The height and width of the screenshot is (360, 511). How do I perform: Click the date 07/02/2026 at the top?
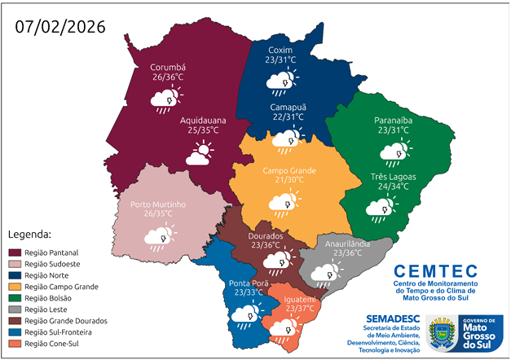point(60,26)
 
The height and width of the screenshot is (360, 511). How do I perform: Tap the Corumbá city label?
point(168,67)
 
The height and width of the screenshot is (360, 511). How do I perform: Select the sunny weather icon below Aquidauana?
point(200,153)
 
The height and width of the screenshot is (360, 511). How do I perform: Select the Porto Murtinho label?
point(159,204)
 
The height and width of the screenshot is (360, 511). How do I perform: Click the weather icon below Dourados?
point(275,261)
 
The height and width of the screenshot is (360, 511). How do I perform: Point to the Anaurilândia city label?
point(348,243)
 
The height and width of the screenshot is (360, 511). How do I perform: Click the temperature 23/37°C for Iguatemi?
point(302,308)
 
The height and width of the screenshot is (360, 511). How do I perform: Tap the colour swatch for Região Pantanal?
point(14,253)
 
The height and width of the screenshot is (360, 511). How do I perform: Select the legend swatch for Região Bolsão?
point(14,298)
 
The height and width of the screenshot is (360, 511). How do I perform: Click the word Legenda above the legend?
point(29,235)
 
